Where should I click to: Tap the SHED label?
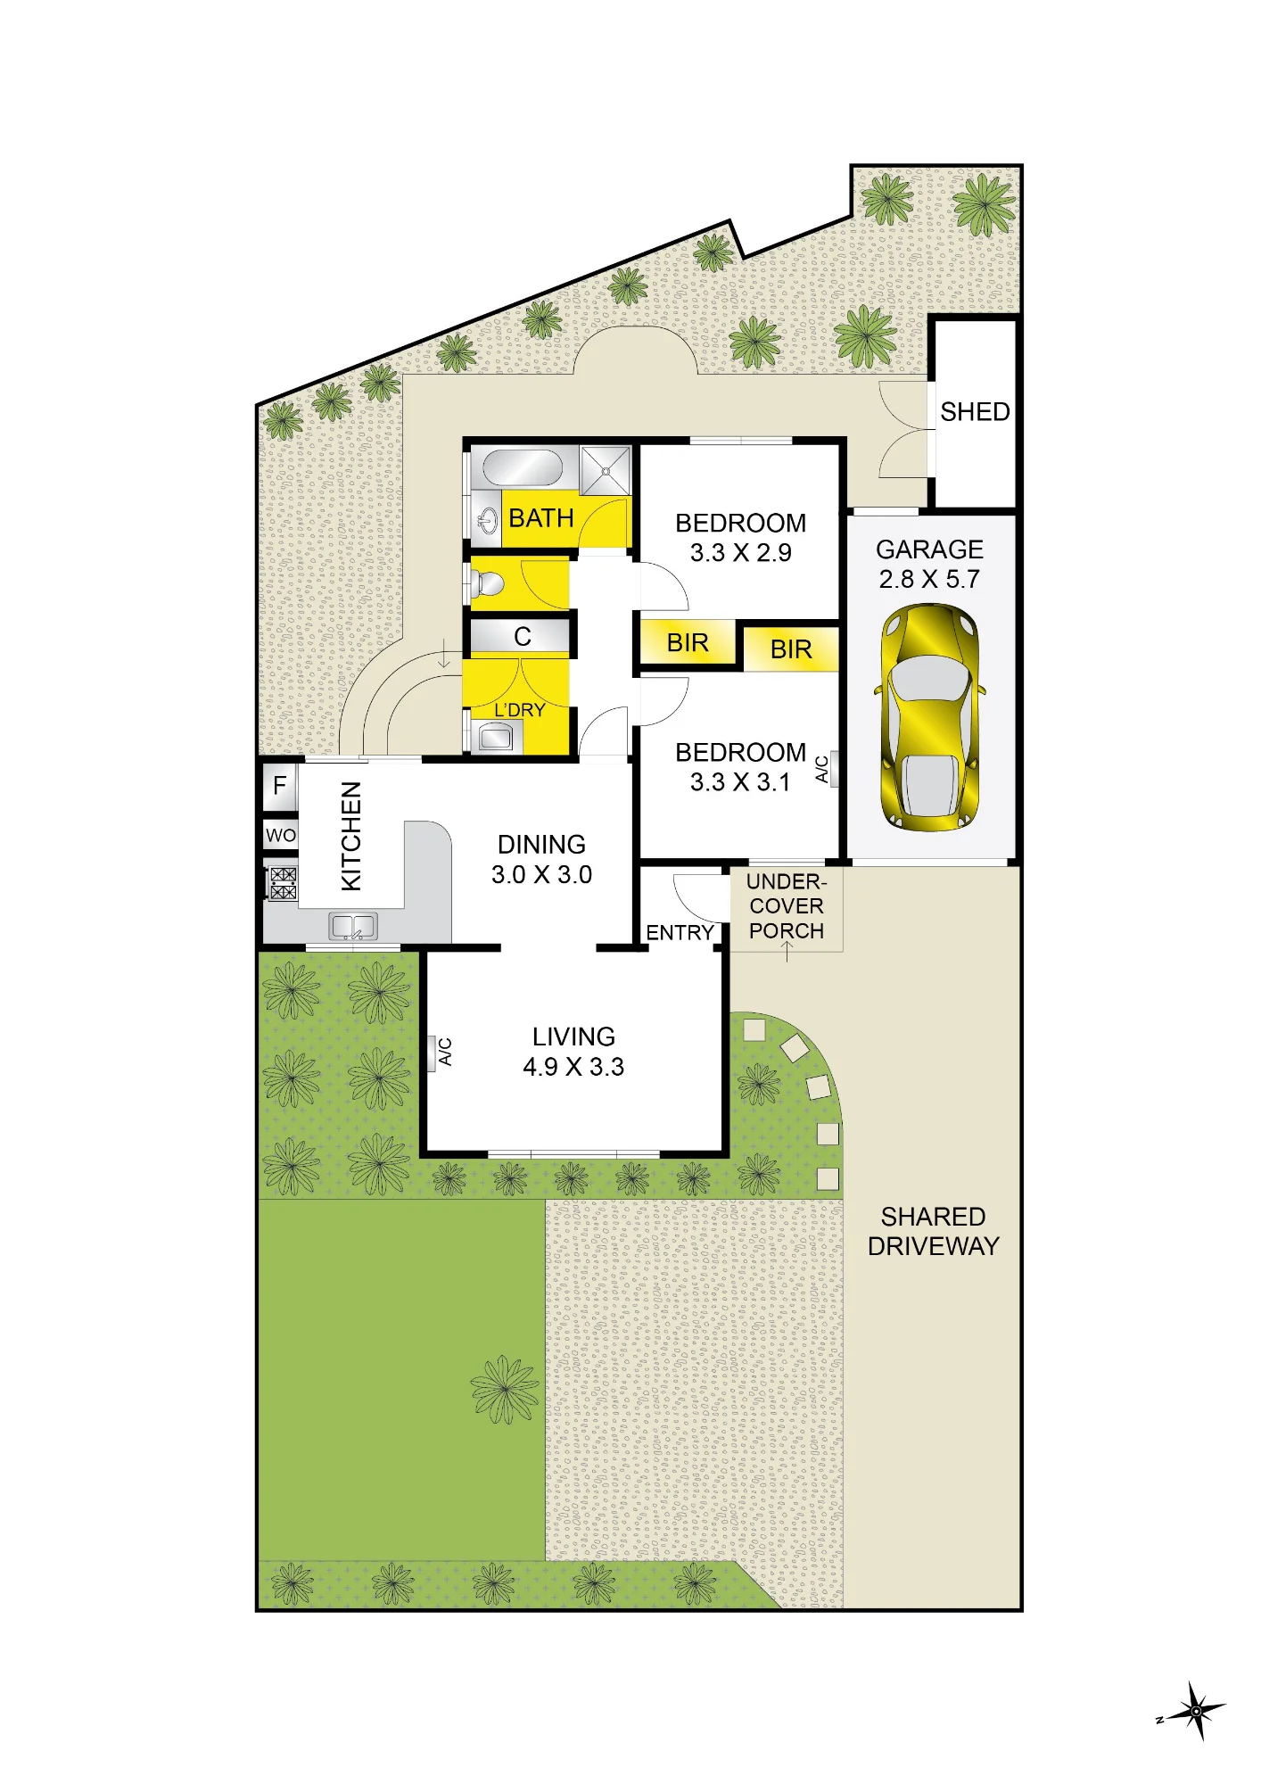(975, 412)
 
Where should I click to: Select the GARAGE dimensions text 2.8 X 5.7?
(929, 580)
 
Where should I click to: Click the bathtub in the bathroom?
(523, 467)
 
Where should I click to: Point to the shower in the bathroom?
(605, 470)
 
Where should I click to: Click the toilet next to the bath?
(486, 584)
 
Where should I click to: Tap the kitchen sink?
(354, 926)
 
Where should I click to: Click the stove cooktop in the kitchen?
(283, 884)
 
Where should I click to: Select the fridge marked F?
(280, 786)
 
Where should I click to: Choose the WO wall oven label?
(280, 836)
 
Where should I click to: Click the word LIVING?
(573, 1037)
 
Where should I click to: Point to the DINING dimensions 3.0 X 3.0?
(541, 875)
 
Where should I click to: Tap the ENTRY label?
(680, 933)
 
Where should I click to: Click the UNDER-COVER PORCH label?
(787, 906)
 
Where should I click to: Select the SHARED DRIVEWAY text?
(933, 1232)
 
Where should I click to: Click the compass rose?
(1194, 1711)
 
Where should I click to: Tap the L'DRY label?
(519, 711)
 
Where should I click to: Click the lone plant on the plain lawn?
(505, 1389)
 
